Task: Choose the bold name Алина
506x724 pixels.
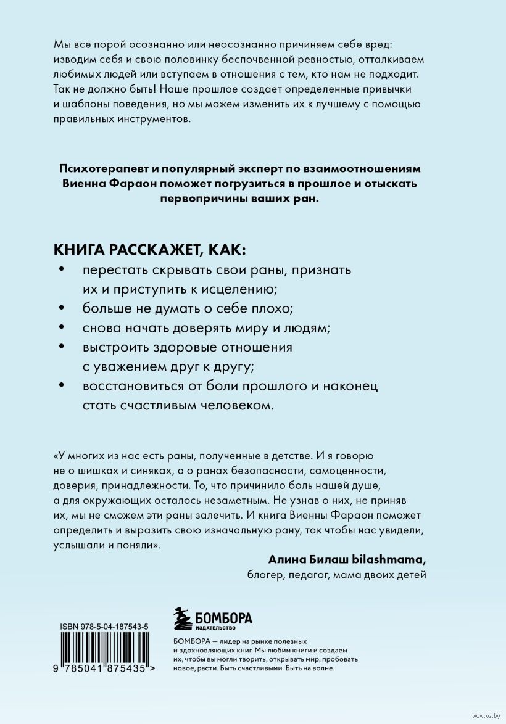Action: click(287, 559)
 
